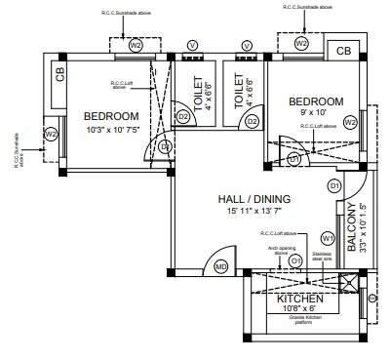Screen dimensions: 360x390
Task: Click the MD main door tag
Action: (x=220, y=266)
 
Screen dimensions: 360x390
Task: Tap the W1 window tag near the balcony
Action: (x=328, y=237)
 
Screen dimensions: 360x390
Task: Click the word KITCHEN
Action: (x=299, y=298)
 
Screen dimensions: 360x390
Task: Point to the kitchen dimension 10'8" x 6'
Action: (x=300, y=309)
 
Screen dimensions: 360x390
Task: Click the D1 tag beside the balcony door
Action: (x=333, y=184)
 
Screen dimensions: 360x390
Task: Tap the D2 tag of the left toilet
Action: (x=182, y=117)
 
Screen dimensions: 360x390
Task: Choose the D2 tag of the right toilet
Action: (x=252, y=121)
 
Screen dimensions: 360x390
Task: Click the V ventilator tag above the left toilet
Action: (x=192, y=46)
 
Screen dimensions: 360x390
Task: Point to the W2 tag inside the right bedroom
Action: (x=349, y=123)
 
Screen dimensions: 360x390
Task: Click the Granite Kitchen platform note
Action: (x=299, y=320)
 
